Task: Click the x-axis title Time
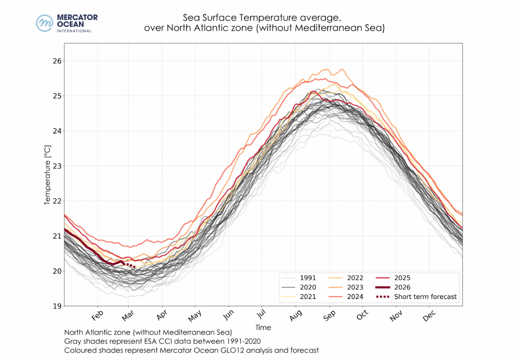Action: click(x=263, y=327)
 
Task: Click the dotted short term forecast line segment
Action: click(x=129, y=265)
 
